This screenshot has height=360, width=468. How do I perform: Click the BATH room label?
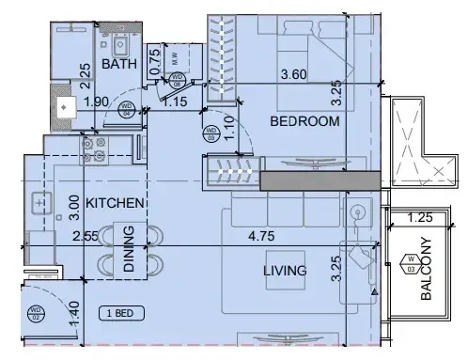(119, 64)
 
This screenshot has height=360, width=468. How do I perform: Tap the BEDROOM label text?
(304, 121)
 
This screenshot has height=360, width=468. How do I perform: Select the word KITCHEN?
(115, 202)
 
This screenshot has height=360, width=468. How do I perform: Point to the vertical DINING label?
(130, 249)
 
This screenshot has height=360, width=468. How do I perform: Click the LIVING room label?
(285, 271)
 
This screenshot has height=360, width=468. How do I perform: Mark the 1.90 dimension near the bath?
(96, 102)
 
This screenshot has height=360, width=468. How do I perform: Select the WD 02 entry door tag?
(36, 313)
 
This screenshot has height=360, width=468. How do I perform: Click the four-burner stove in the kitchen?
(97, 146)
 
